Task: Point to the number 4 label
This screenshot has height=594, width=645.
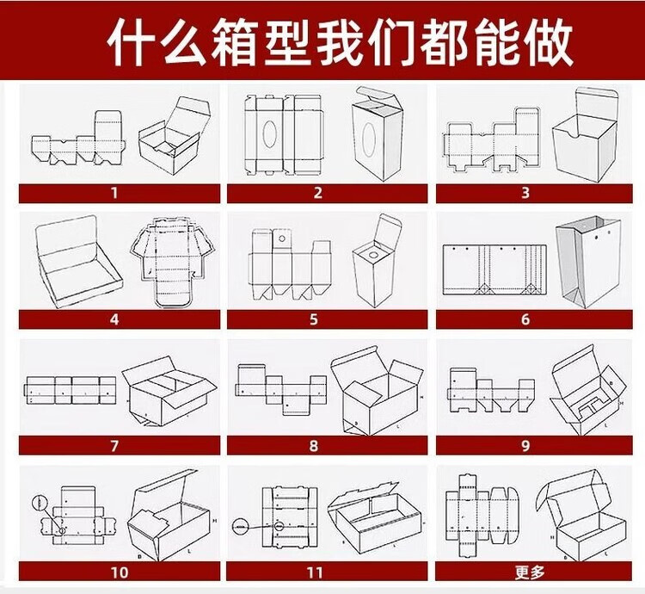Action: pyautogui.click(x=114, y=319)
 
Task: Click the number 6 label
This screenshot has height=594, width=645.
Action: pyautogui.click(x=525, y=319)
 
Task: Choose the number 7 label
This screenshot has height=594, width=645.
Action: pyautogui.click(x=114, y=446)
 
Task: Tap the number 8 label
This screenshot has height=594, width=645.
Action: pyautogui.click(x=313, y=446)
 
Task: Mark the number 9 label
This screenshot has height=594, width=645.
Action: pyautogui.click(x=525, y=446)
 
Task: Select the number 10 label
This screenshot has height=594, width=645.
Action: pyautogui.click(x=118, y=571)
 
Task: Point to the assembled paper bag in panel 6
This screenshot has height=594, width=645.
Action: pyautogui.click(x=587, y=262)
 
